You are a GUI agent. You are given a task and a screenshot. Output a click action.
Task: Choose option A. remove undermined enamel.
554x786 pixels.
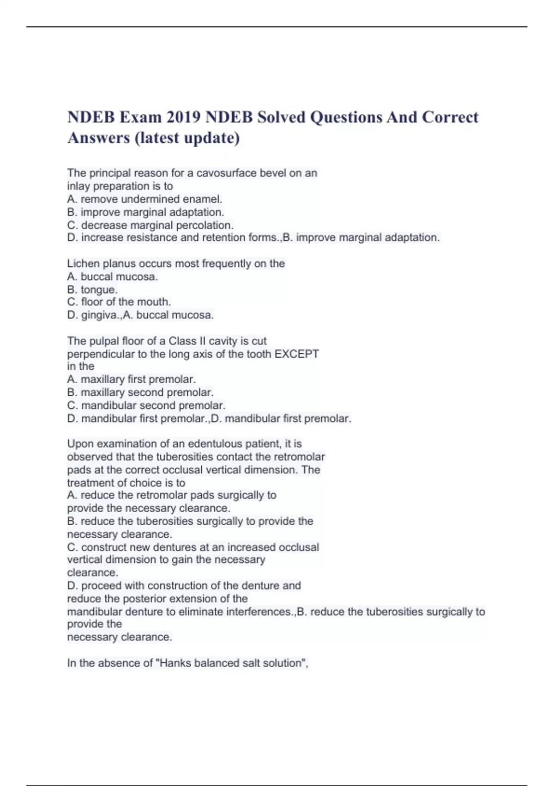coord(145,199)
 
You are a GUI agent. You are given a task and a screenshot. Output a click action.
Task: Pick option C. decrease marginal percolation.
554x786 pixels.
coord(150,225)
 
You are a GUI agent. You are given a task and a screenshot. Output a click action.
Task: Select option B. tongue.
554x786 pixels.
coord(92,289)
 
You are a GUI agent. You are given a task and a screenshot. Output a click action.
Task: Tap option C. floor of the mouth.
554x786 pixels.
coord(119,302)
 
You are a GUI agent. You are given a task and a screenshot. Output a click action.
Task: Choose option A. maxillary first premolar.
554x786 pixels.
coord(131,380)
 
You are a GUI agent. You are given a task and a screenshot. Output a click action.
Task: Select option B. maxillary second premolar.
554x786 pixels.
coord(140,393)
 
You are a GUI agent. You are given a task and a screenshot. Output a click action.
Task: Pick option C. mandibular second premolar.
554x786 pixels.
coord(146,405)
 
